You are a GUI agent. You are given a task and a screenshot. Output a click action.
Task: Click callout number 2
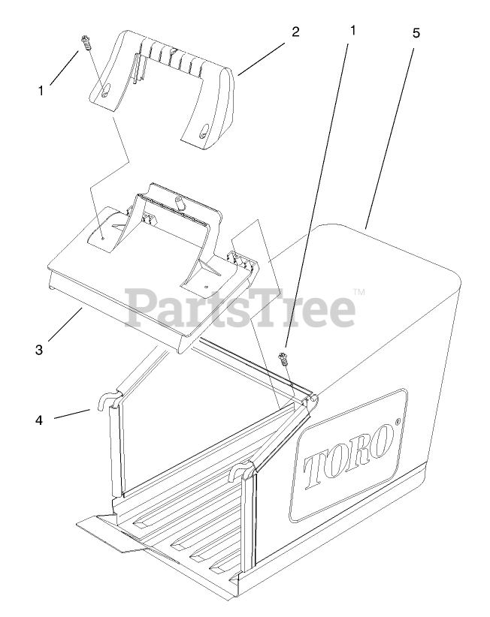[x=295, y=32]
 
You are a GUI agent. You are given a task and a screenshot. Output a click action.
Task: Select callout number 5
[x=416, y=34]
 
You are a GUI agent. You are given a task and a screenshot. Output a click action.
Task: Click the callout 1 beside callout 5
[x=352, y=31]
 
